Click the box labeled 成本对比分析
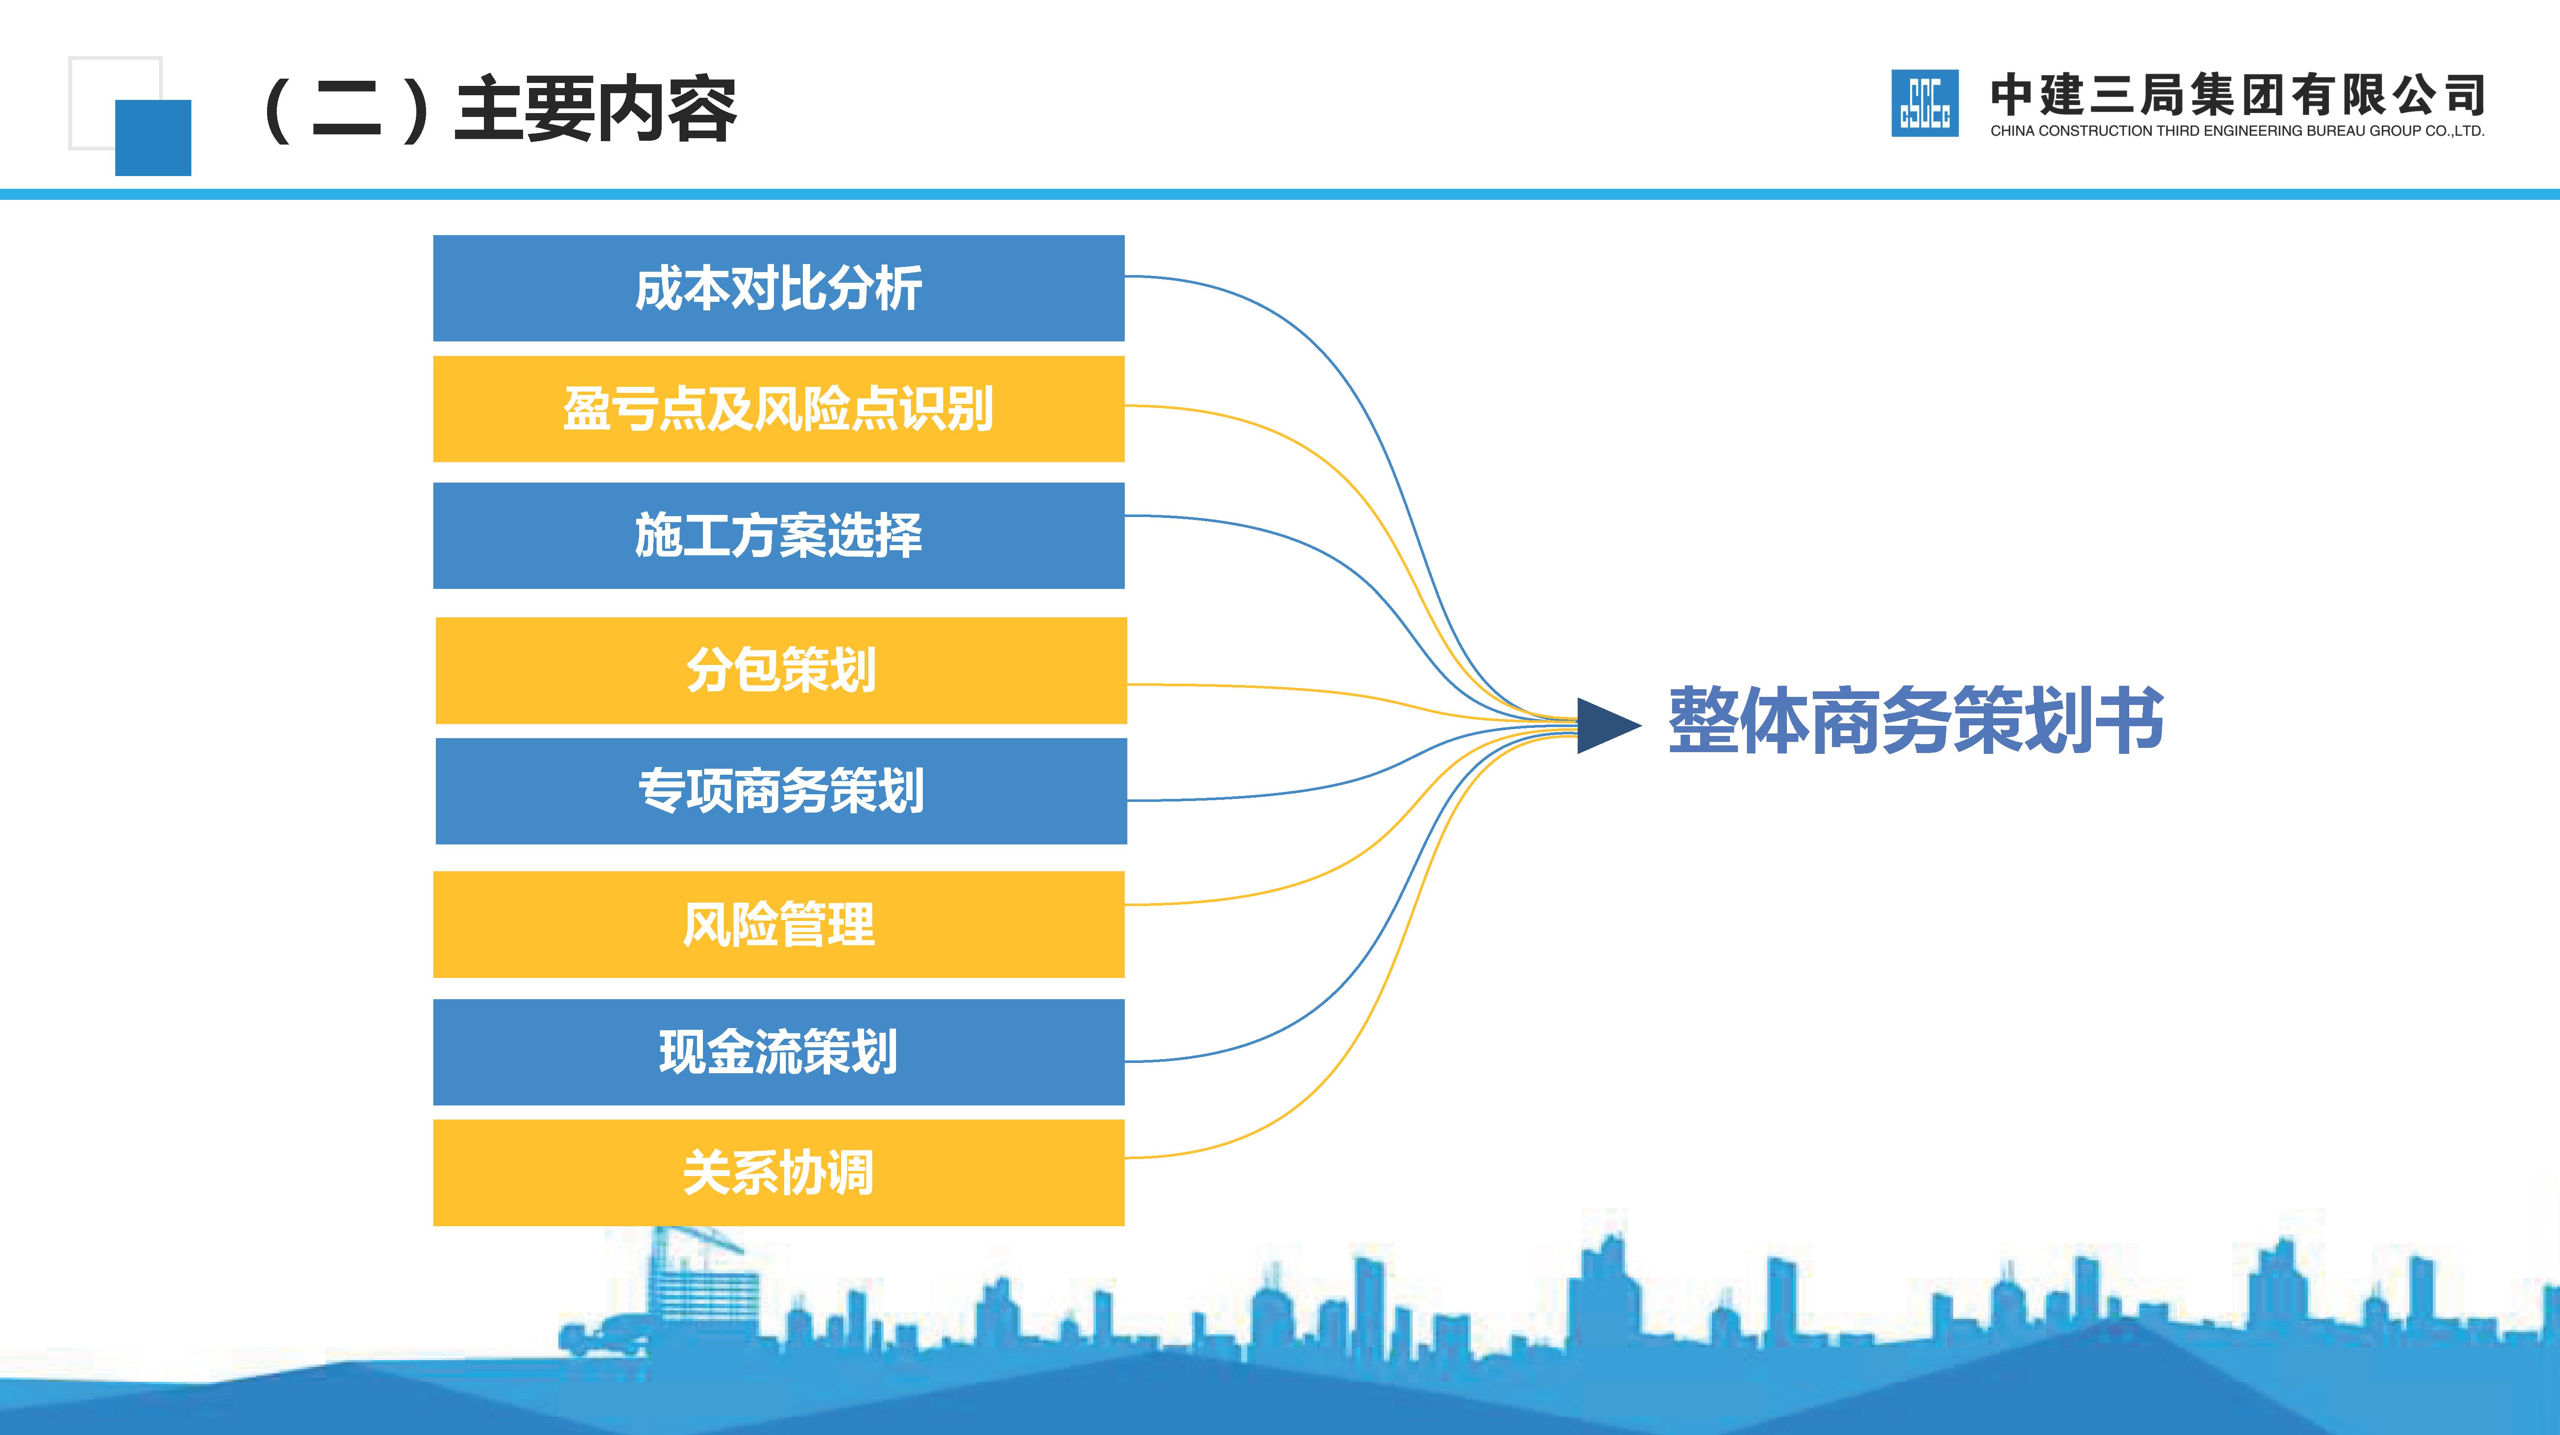(778, 288)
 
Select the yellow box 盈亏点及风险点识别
(778, 409)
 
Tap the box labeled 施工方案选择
(778, 536)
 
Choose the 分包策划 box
(781, 670)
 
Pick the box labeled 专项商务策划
(781, 791)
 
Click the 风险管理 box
(778, 924)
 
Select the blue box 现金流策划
(778, 1051)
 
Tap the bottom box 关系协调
(778, 1173)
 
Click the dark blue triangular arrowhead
(1605, 725)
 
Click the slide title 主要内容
(594, 109)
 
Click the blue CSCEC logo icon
(1924, 103)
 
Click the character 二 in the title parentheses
(346, 109)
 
